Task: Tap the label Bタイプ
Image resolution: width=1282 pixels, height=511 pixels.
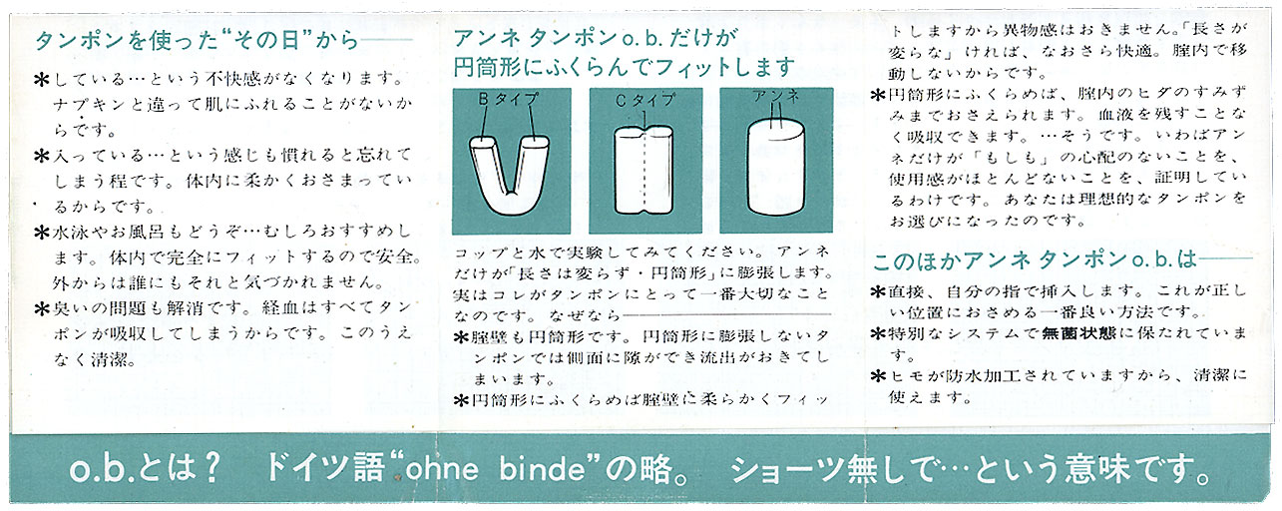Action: (x=508, y=99)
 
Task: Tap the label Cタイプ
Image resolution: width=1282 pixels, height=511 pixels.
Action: (x=645, y=101)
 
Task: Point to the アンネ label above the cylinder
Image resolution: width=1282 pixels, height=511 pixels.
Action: (x=776, y=96)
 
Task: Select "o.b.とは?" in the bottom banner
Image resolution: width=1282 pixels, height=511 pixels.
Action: (x=145, y=469)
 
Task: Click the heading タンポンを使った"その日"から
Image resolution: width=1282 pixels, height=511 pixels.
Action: (x=197, y=41)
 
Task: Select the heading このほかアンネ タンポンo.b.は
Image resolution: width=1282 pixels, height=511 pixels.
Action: (x=1035, y=260)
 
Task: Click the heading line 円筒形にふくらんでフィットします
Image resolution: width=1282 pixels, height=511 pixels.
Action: (x=625, y=67)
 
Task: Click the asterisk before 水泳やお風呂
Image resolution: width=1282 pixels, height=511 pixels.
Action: (x=42, y=233)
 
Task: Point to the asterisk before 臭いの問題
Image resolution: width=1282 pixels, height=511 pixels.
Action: (x=42, y=309)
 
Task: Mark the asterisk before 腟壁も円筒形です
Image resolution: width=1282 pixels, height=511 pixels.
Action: (x=461, y=337)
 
